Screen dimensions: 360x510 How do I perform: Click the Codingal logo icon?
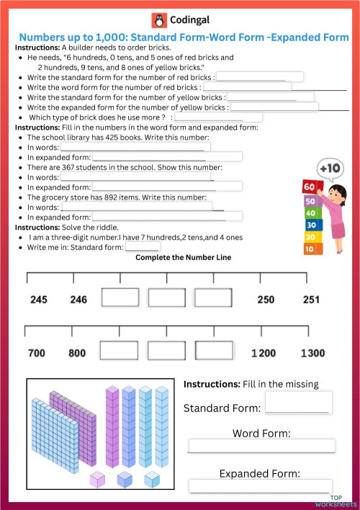click(158, 19)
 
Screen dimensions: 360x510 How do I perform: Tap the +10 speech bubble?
click(330, 169)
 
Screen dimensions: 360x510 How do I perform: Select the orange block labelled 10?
click(309, 249)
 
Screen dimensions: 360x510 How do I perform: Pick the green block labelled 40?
click(310, 213)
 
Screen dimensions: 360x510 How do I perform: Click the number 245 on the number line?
click(39, 300)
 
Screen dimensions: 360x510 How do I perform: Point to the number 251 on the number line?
click(311, 300)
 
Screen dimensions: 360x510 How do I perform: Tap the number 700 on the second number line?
click(36, 354)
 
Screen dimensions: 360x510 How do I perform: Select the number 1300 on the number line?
click(312, 354)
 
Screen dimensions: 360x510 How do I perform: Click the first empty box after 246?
click(120, 298)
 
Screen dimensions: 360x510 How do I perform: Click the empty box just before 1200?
click(214, 351)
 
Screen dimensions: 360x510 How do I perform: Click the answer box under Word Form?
click(261, 446)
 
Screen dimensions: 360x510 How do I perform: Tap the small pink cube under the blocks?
click(98, 479)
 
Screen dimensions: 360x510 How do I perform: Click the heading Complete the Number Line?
click(184, 257)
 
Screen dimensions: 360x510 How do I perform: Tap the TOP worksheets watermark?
click(343, 501)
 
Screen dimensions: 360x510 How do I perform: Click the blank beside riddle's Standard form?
click(143, 246)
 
